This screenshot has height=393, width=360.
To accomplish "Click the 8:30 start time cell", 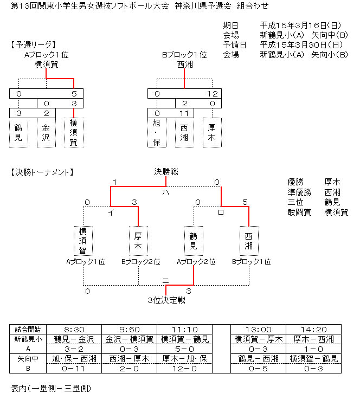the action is click(74, 330).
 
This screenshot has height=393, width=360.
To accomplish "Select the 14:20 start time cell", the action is click(313, 330).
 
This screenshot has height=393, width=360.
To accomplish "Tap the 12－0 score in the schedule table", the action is click(184, 369).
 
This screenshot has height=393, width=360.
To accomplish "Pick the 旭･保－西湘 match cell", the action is click(74, 359).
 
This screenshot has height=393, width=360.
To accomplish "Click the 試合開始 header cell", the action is click(28, 330).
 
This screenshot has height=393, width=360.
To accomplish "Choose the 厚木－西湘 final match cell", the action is click(313, 339).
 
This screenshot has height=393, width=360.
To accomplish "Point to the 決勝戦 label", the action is click(166, 172).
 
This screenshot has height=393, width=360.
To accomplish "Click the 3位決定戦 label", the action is click(166, 300).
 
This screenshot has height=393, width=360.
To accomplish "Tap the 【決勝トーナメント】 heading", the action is click(42, 172).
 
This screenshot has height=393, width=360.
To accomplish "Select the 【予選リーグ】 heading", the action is click(33, 45).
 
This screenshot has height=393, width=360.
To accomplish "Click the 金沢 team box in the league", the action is click(46, 133).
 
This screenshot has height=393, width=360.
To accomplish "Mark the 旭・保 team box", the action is click(157, 133).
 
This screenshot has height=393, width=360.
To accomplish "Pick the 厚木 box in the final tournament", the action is click(138, 241).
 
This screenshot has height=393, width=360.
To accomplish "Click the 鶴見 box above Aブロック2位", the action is click(194, 241).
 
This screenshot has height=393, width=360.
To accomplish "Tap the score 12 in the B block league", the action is click(213, 94).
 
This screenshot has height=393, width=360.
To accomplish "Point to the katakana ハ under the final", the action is click(166, 192).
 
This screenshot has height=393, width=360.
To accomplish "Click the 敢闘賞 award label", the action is click(299, 212).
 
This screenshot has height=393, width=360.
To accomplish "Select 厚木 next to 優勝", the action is click(332, 182).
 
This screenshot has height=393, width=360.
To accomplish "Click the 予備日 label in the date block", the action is click(235, 45).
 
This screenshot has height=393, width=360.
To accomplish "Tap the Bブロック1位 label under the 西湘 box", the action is click(252, 262).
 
